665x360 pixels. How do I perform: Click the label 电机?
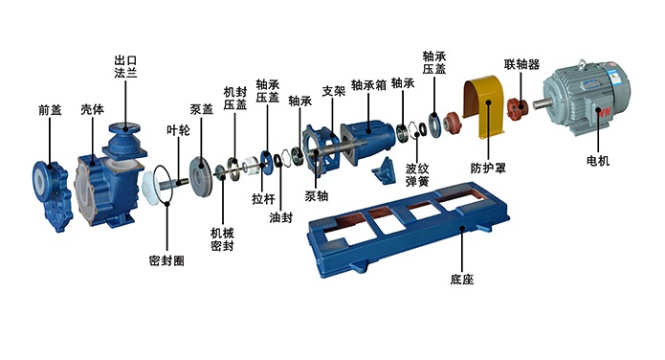pos(598,161)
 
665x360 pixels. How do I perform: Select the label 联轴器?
pos(521,64)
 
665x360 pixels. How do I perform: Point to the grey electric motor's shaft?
pos(540,103)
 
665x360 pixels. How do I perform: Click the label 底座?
pos(462,280)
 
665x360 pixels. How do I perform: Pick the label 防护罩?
pos(488,169)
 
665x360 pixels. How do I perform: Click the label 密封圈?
pos(166,260)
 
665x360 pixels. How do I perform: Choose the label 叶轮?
pos(178,130)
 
